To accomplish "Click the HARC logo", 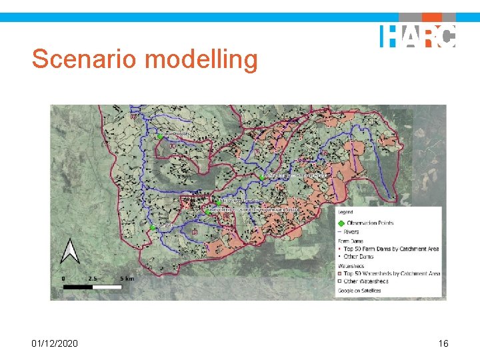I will click(x=417, y=35).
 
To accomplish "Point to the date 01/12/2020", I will click(x=55, y=343).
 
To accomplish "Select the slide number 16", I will click(x=443, y=343).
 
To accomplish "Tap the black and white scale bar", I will click(x=92, y=287).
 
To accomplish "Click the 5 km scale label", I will click(x=127, y=278).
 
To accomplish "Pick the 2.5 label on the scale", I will click(x=93, y=278).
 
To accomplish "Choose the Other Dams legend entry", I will click(x=359, y=256).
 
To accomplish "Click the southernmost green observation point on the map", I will click(x=153, y=227).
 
